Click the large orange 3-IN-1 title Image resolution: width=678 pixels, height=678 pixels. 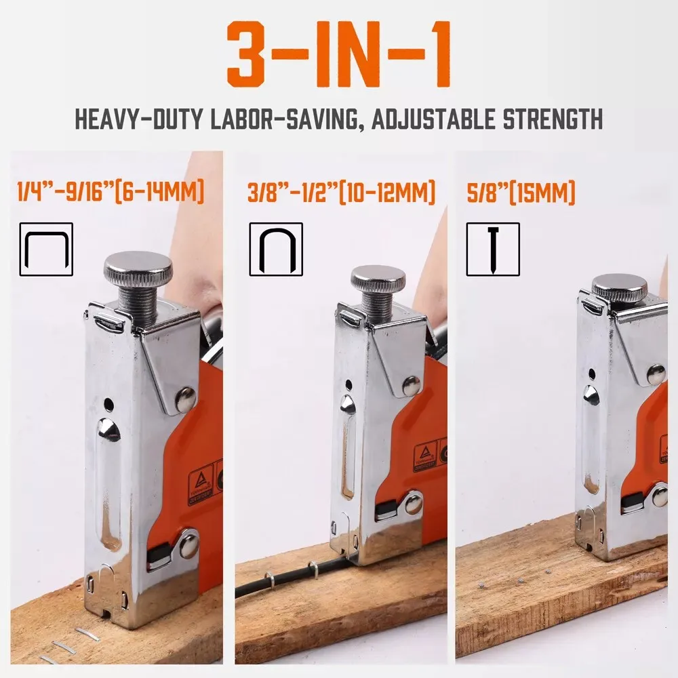(338, 55)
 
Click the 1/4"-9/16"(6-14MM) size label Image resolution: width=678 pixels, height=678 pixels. (111, 193)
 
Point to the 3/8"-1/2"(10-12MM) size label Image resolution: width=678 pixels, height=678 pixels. (341, 193)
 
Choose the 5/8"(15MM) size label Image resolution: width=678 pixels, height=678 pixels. (521, 193)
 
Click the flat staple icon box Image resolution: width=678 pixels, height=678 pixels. (46, 249)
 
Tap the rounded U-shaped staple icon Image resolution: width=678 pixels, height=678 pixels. (276, 249)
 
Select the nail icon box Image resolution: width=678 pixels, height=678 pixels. (493, 249)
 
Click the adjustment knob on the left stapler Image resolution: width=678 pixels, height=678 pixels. (138, 269)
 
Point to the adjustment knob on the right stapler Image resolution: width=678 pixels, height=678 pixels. (619, 287)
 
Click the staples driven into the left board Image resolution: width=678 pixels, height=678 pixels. (75, 641)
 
